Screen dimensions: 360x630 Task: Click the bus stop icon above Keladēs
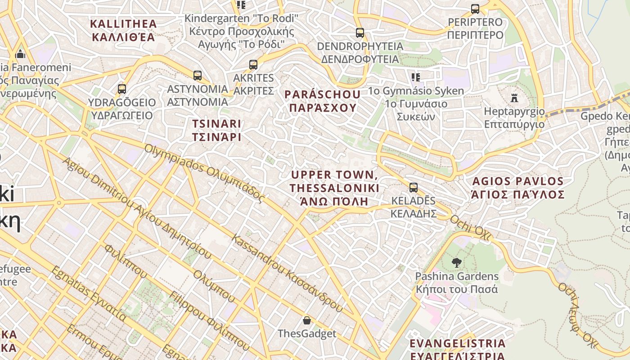pyautogui.click(x=413, y=188)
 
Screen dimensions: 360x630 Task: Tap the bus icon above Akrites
pyautogui.click(x=253, y=65)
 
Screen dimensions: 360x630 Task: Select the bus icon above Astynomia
pyautogui.click(x=197, y=76)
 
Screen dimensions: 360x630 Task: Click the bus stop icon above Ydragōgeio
pyautogui.click(x=121, y=89)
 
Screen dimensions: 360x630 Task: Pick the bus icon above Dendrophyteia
pyautogui.click(x=360, y=33)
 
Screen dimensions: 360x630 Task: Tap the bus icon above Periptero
pyautogui.click(x=475, y=9)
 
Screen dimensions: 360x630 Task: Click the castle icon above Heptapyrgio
pyautogui.click(x=514, y=98)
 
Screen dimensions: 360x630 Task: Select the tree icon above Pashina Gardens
pyautogui.click(x=457, y=263)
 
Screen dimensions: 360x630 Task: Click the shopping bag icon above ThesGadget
pyautogui.click(x=306, y=320)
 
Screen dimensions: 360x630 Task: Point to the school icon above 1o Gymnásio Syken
pyautogui.click(x=415, y=77)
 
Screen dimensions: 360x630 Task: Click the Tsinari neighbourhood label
pyautogui.click(x=217, y=130)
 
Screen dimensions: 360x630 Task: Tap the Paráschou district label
pyautogui.click(x=323, y=101)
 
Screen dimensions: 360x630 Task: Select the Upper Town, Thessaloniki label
pyautogui.click(x=334, y=188)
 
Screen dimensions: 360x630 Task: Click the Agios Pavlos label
pyautogui.click(x=517, y=188)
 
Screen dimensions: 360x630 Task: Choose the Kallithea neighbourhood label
pyautogui.click(x=123, y=30)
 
